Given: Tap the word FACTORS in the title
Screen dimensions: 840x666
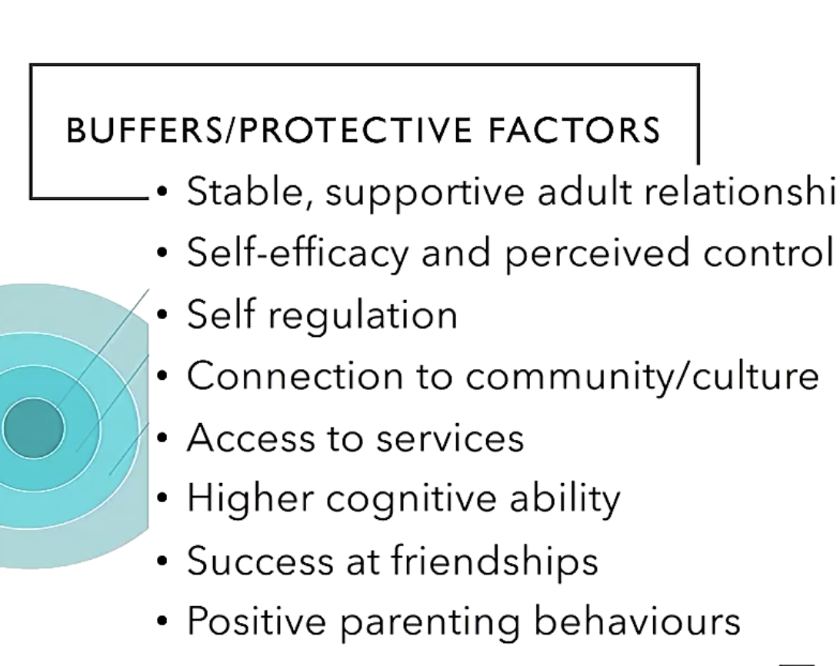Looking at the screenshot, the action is pyautogui.click(x=574, y=130).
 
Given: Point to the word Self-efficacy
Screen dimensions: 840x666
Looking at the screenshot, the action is pyautogui.click(x=298, y=252).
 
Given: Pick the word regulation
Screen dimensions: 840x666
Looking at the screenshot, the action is pyautogui.click(x=362, y=315).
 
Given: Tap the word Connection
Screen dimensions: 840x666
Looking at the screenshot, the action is pyautogui.click(x=295, y=375).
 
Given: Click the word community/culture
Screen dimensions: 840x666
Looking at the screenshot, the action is pyautogui.click(x=642, y=377).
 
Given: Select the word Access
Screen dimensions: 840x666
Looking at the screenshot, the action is pyautogui.click(x=251, y=438).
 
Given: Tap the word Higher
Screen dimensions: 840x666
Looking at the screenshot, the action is pyautogui.click(x=250, y=499).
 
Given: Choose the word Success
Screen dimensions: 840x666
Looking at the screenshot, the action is pyautogui.click(x=260, y=561).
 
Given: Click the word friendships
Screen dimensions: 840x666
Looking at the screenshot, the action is pyautogui.click(x=495, y=561).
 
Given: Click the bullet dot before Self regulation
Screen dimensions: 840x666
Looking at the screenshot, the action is pyautogui.click(x=162, y=315).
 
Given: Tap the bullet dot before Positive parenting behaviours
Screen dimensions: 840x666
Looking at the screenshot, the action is pyautogui.click(x=162, y=621).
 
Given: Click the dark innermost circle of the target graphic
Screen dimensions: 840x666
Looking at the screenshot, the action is pyautogui.click(x=32, y=428).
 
